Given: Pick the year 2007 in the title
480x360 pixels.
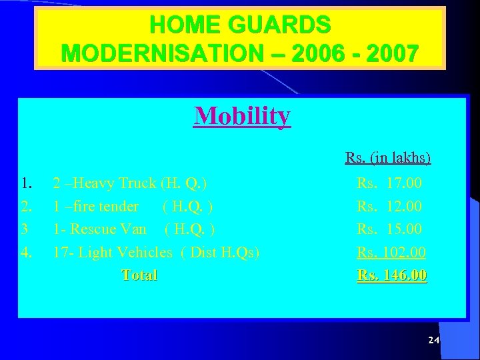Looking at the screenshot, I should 392,52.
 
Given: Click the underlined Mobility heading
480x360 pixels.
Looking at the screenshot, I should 243,116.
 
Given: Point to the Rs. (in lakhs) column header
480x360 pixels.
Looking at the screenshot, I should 388,158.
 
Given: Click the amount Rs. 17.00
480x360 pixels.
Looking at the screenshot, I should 389,183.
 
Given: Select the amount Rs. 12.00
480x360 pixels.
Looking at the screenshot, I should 389,206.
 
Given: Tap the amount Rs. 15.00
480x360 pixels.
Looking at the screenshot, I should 389,229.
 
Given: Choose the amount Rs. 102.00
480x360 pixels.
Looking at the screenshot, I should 391,253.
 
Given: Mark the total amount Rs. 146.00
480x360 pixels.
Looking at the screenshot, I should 392,275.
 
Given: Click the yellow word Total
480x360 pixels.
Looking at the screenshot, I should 139,275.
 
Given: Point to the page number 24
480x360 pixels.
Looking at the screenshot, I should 433,341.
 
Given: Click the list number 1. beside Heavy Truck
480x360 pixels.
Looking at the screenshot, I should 27,183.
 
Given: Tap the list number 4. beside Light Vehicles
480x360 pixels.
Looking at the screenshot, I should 27,253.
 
